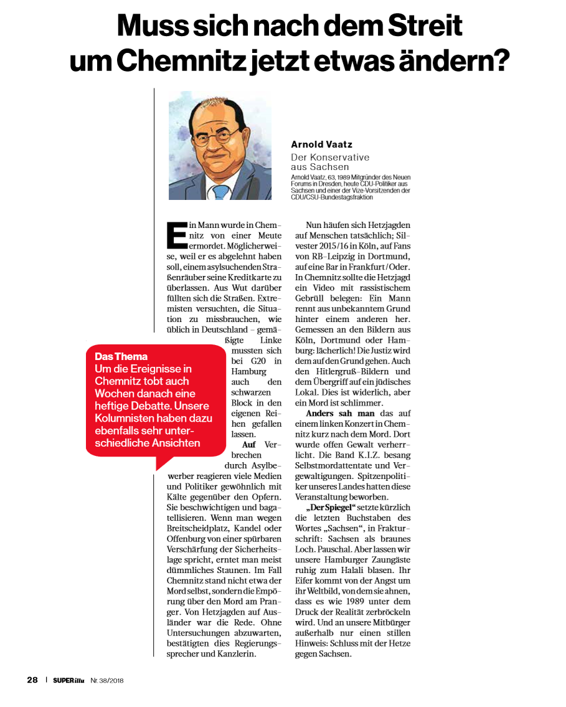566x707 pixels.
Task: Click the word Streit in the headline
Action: (x=425, y=26)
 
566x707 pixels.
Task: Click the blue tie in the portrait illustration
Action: (x=221, y=191)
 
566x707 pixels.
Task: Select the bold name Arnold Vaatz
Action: (x=321, y=145)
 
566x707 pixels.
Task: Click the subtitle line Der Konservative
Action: (x=330, y=158)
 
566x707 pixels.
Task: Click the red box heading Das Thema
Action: (x=121, y=356)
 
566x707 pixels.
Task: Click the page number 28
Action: (x=32, y=680)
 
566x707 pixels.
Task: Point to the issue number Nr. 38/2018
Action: (x=107, y=680)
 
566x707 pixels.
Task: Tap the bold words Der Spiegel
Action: (x=330, y=508)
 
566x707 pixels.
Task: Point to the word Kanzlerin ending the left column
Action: (x=237, y=654)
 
